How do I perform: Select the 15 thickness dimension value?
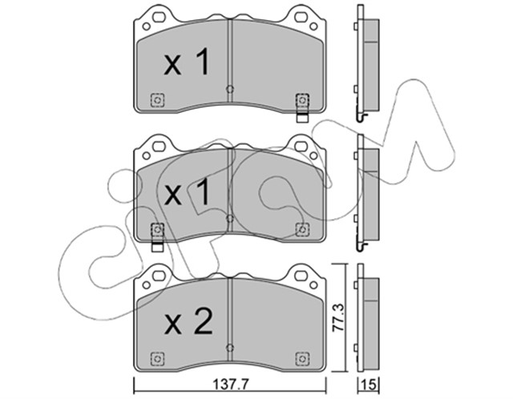coord(370,385)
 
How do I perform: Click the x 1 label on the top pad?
coord(187,62)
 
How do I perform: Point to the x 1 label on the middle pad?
coord(187,192)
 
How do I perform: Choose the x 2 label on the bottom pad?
coord(188,321)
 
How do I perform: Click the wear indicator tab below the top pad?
coord(301,117)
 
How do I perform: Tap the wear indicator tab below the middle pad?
coord(157,246)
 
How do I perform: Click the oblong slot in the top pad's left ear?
coord(160,16)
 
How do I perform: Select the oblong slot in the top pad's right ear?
coord(301,16)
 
